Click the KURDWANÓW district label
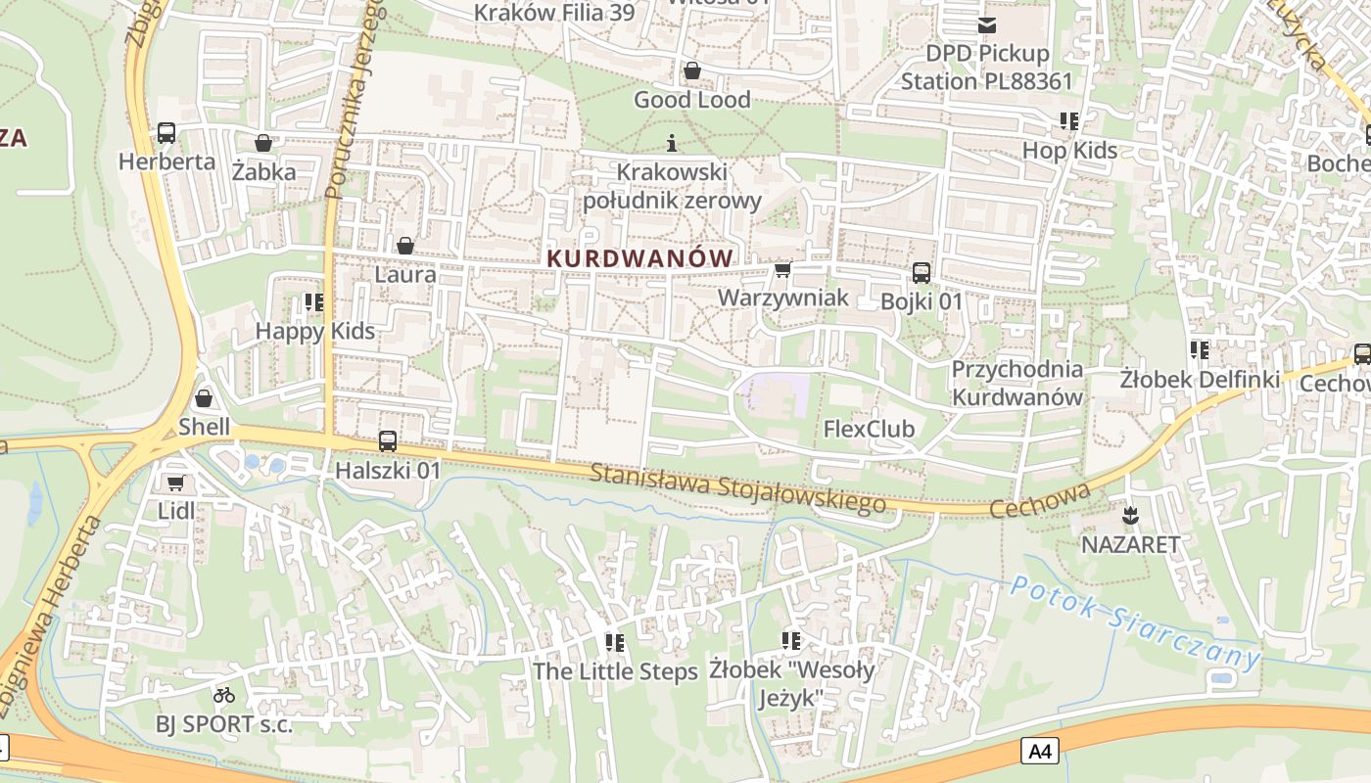pyautogui.click(x=640, y=258)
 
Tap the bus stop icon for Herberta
pyautogui.click(x=166, y=133)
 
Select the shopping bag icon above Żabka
pyautogui.click(x=262, y=144)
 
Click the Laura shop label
pyautogui.click(x=405, y=274)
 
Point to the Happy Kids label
pyautogui.click(x=314, y=331)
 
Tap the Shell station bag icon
pyautogui.click(x=204, y=398)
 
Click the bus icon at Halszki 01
pyautogui.click(x=388, y=441)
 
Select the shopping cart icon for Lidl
pyautogui.click(x=175, y=483)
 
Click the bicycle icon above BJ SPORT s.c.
pyautogui.click(x=224, y=695)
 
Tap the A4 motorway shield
pyautogui.click(x=1040, y=752)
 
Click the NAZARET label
pyautogui.click(x=1130, y=544)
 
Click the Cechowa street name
pyautogui.click(x=1040, y=501)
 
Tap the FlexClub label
pyautogui.click(x=869, y=429)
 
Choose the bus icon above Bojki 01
pyautogui.click(x=922, y=273)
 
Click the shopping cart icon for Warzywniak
pyautogui.click(x=782, y=269)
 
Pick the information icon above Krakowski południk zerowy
pyautogui.click(x=672, y=144)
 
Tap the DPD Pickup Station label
pyautogui.click(x=986, y=67)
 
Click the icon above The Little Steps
pyautogui.click(x=615, y=643)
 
